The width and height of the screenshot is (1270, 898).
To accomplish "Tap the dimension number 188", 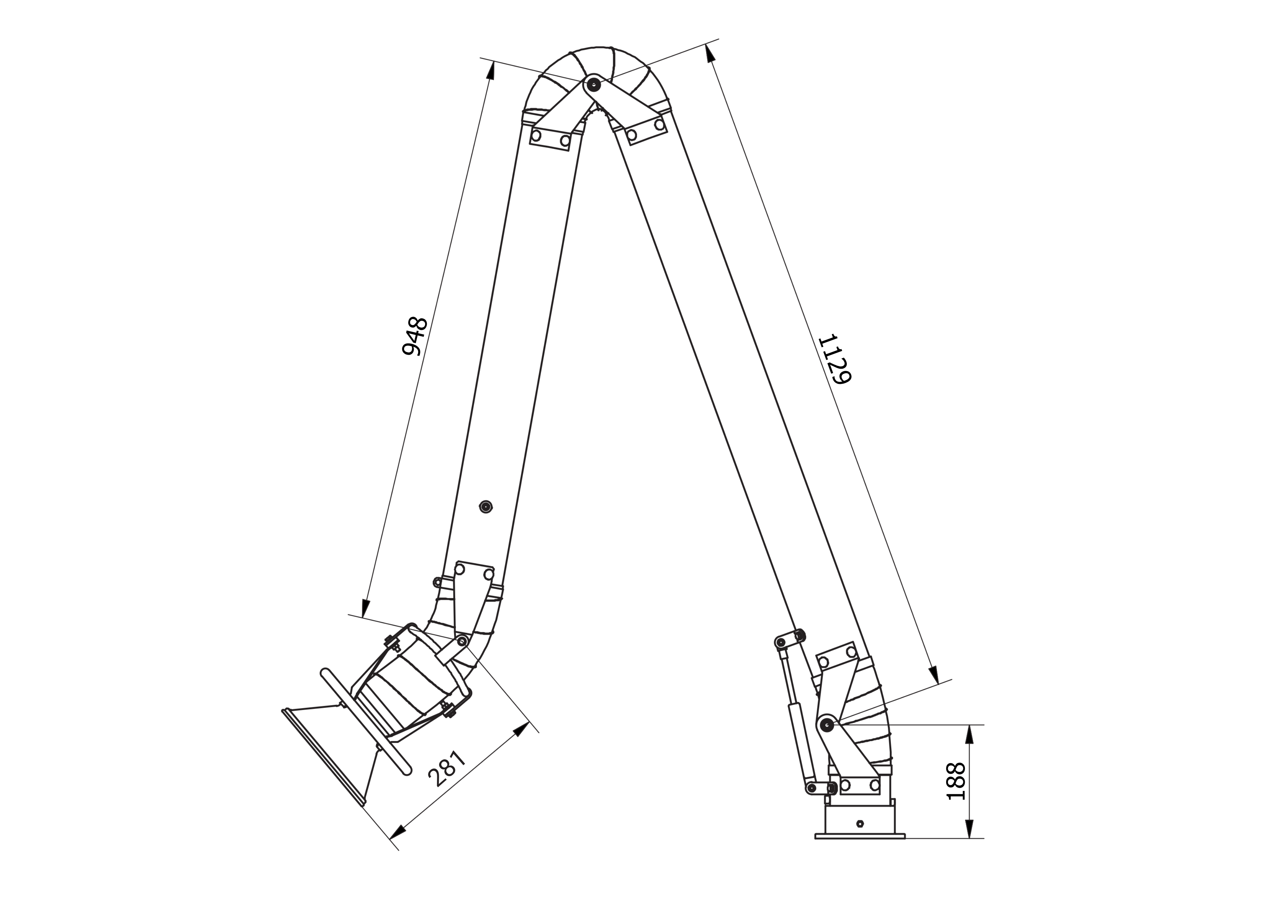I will coord(956,781).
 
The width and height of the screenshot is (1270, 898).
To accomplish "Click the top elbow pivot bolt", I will coord(593,85).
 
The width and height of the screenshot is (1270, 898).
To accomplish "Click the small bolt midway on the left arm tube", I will coord(486,506).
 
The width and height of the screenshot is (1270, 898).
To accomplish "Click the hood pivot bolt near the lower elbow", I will coord(462,640).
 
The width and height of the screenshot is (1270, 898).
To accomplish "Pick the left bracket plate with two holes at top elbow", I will coord(550,137).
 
